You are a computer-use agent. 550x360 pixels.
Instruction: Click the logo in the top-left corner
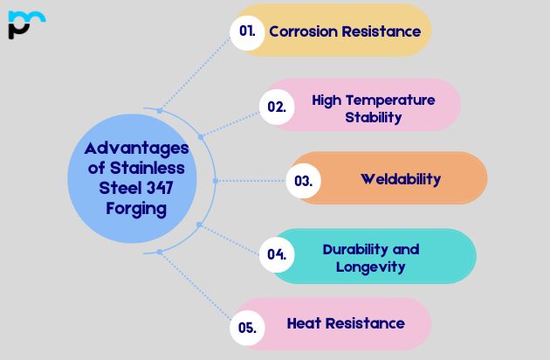[x=25, y=24]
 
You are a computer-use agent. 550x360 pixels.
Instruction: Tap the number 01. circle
[x=248, y=31]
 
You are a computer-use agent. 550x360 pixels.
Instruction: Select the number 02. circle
[x=277, y=107]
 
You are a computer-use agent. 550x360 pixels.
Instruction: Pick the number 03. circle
[x=304, y=181]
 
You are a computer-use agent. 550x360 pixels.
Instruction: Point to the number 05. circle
[x=247, y=328]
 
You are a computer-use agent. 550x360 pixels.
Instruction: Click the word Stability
[x=373, y=117]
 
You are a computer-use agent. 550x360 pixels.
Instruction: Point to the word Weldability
[x=401, y=179]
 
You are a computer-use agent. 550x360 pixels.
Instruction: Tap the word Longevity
[x=370, y=267]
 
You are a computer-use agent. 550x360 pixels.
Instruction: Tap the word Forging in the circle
[x=135, y=209]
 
